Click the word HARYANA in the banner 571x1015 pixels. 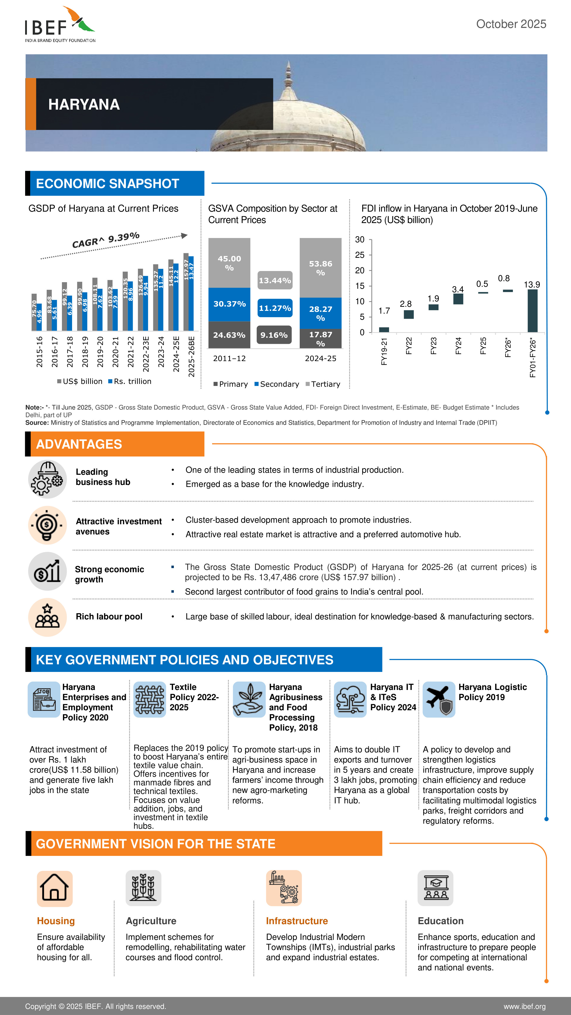point(84,104)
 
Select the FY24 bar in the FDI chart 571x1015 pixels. point(458,299)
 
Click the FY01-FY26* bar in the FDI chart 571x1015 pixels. point(532,311)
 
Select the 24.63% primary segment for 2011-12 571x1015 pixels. point(229,335)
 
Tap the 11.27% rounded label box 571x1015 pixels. point(275,308)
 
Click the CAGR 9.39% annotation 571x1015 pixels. point(106,240)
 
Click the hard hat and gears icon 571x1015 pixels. point(47,479)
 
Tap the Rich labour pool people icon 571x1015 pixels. point(47,617)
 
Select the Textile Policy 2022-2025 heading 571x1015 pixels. point(194,697)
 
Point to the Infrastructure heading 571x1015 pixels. point(297,921)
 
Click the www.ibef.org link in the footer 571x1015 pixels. point(524,1006)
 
